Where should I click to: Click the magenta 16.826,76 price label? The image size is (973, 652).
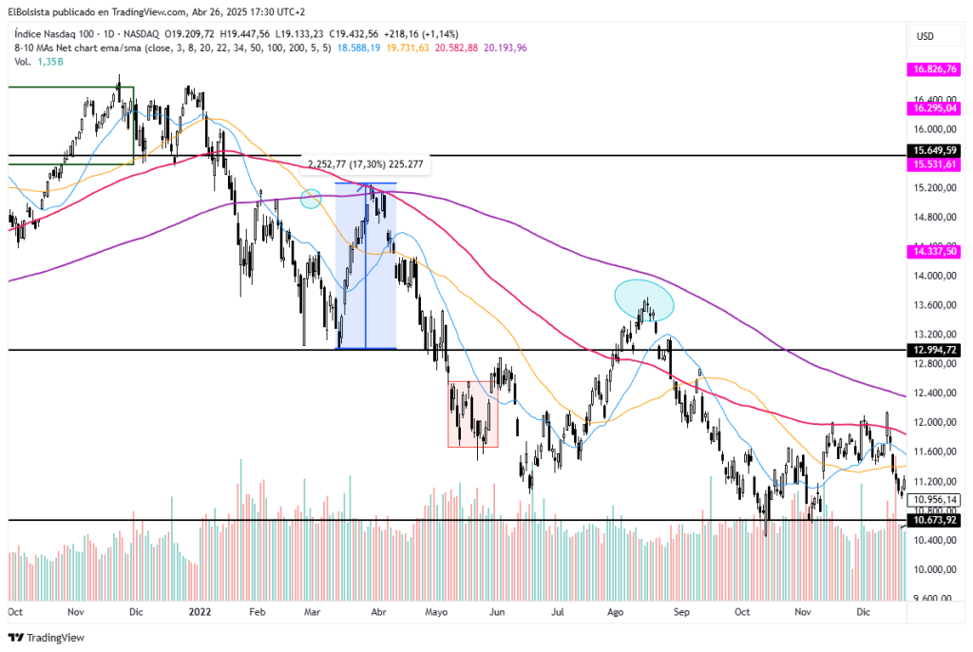pyautogui.click(x=935, y=69)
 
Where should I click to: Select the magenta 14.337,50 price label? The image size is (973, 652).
pyautogui.click(x=935, y=252)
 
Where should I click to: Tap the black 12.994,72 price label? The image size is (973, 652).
pyautogui.click(x=935, y=350)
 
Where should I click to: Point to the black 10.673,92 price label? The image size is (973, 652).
pyautogui.click(x=935, y=520)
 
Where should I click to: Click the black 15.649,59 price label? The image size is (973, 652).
pyautogui.click(x=935, y=150)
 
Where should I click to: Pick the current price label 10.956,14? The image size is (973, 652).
pyautogui.click(x=935, y=500)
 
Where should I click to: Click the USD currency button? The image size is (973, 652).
pyautogui.click(x=925, y=36)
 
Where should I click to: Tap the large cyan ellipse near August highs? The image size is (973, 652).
pyautogui.click(x=644, y=299)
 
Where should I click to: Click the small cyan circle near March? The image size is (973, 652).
pyautogui.click(x=310, y=199)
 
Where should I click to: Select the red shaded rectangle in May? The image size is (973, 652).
pyautogui.click(x=473, y=413)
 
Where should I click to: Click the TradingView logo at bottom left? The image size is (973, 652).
pyautogui.click(x=47, y=638)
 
